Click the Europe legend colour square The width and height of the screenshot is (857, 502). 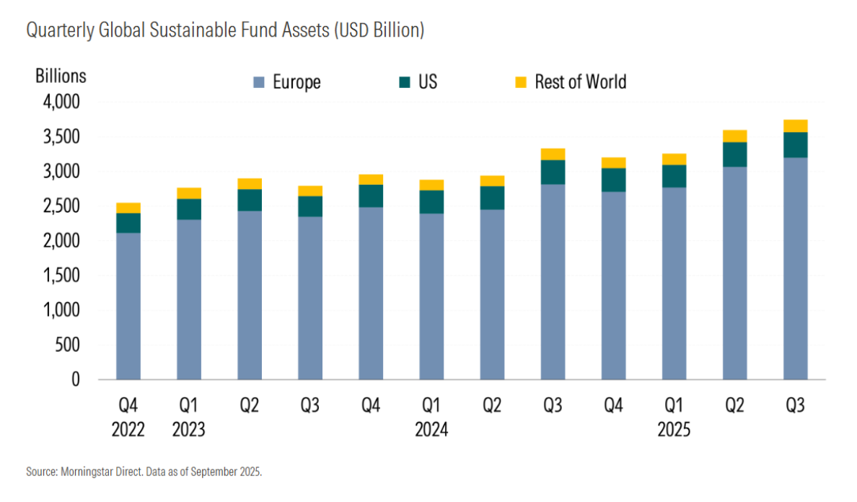click(258, 82)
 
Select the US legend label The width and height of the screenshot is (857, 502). click(427, 82)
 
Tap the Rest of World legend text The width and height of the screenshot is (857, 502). click(581, 82)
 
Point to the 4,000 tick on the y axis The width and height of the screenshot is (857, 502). click(61, 102)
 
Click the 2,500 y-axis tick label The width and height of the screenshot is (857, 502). click(61, 206)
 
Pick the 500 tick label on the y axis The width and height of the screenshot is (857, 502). click(67, 345)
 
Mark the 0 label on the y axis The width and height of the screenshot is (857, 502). click(76, 379)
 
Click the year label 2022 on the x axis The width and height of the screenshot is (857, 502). click(128, 429)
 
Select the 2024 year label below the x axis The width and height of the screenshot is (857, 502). click(431, 429)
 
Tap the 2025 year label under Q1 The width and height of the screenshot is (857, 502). click(674, 429)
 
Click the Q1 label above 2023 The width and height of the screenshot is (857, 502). click(188, 405)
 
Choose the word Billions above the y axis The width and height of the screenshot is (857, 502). click(61, 76)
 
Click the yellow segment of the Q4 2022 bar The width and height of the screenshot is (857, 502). click(128, 208)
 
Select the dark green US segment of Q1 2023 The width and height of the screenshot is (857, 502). click(189, 209)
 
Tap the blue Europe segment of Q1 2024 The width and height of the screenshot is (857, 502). click(432, 296)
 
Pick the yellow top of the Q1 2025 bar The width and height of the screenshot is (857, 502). click(674, 159)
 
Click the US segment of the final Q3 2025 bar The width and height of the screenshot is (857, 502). click(796, 145)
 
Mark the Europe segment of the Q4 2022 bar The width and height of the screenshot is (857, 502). click(128, 307)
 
